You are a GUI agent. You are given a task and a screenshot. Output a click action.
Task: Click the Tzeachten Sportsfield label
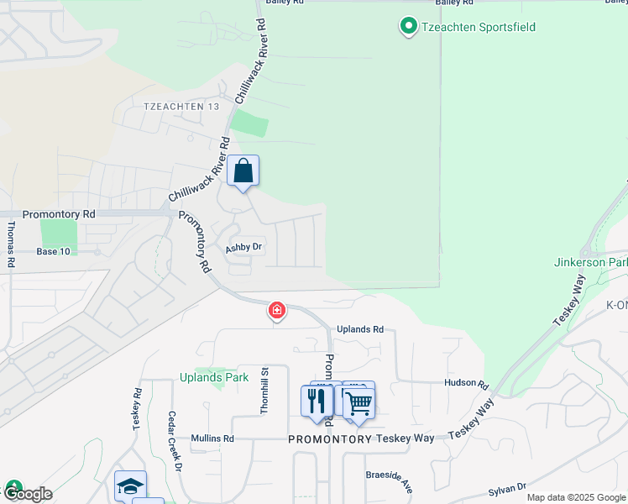pos(478,27)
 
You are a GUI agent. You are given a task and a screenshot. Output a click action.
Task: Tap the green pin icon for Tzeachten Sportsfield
pos(408,27)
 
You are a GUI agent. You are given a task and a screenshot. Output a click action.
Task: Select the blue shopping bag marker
pos(243,171)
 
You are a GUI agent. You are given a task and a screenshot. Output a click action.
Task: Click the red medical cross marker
pos(276,311)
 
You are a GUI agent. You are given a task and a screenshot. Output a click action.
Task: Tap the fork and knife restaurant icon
pos(317,401)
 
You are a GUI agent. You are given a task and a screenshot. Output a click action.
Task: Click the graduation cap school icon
pos(130,486)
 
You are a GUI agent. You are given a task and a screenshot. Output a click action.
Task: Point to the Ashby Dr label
pos(244,249)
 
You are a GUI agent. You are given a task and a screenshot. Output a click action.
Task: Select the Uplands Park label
pos(214,377)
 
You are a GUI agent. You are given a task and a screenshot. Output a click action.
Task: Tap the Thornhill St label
pos(264,389)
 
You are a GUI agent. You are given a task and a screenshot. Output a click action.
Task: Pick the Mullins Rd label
pos(212,438)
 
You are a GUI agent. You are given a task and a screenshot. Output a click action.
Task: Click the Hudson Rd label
pos(467,384)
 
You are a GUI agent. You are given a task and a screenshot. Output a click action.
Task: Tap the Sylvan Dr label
pos(506,487)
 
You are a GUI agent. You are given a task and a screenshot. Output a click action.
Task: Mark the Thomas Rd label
pos(11,244)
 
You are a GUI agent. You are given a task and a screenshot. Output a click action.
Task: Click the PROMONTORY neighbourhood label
pos(330,439)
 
